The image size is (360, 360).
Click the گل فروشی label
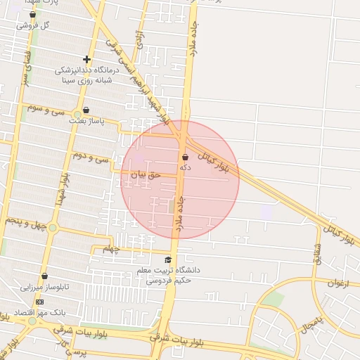36,25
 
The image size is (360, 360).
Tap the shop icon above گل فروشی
32,14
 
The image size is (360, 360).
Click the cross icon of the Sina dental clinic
86,60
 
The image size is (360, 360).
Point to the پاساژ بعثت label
86,121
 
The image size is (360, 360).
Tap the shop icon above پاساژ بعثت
86,110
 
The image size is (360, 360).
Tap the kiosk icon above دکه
185,157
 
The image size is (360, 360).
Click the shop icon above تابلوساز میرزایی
45,276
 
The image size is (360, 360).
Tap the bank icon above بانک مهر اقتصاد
39,301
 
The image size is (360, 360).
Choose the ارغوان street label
340,283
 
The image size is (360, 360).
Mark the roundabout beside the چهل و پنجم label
53,227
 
